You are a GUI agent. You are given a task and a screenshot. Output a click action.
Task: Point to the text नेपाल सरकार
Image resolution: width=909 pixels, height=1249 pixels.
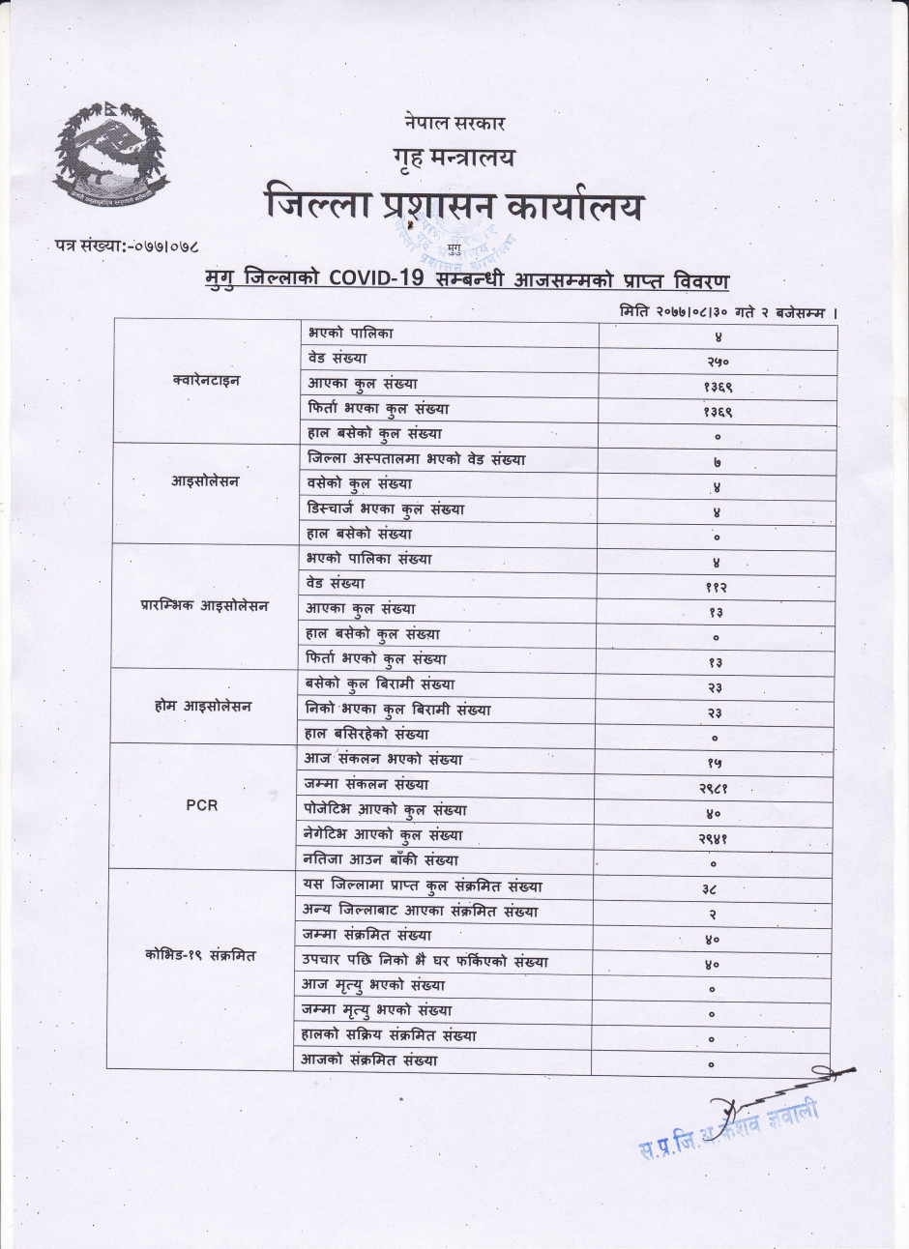click(454, 123)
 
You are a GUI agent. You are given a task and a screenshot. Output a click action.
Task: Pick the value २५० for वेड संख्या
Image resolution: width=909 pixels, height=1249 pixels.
click(717, 362)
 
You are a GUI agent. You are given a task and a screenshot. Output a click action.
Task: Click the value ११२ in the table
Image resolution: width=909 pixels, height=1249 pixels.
click(717, 587)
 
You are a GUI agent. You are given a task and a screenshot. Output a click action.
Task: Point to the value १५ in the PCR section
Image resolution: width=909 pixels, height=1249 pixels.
click(715, 764)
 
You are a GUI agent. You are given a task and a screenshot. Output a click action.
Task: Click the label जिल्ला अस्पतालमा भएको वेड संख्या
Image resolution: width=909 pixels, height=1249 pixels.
click(417, 458)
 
